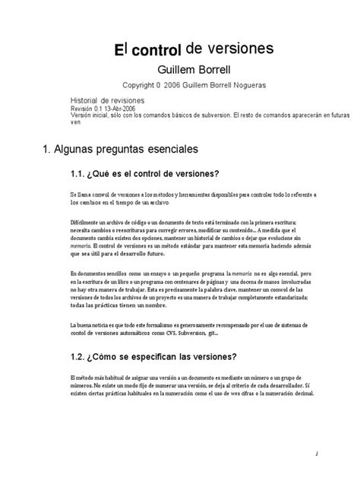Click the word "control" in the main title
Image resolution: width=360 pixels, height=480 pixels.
(x=155, y=52)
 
